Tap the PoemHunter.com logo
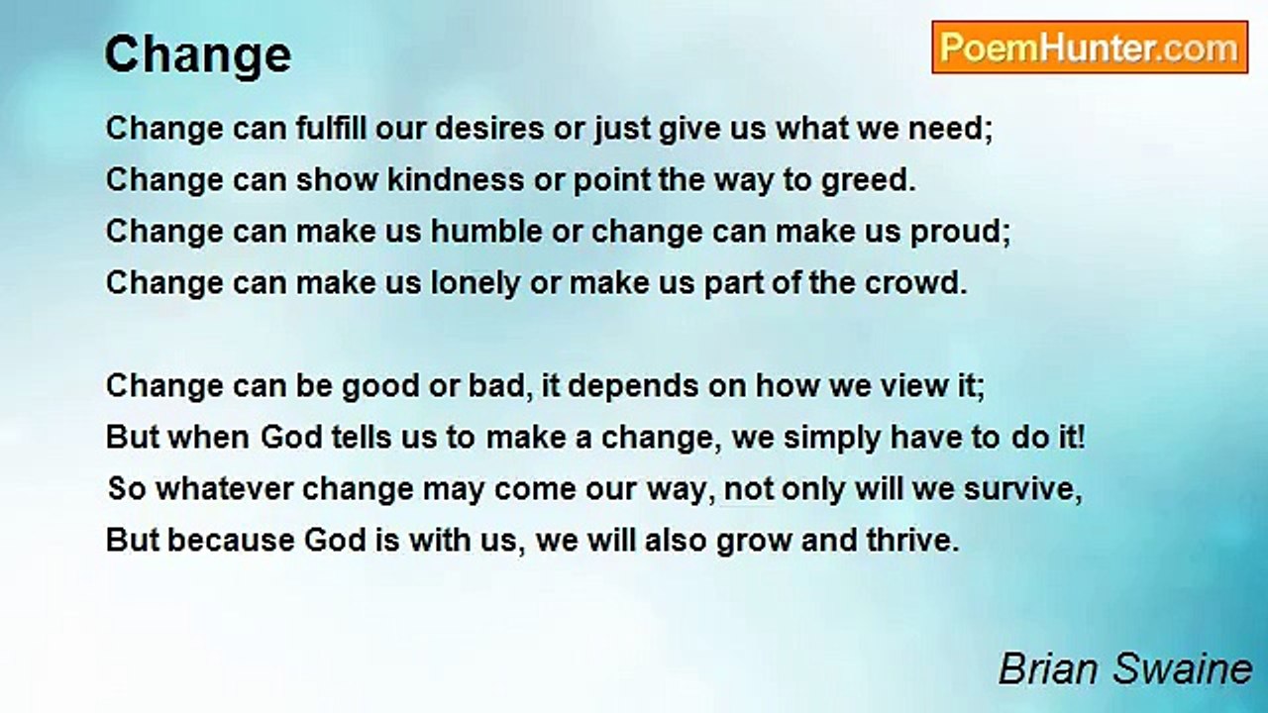[1090, 48]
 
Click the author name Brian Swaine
[1125, 668]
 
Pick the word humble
[486, 231]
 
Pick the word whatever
[225, 488]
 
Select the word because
[231, 540]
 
